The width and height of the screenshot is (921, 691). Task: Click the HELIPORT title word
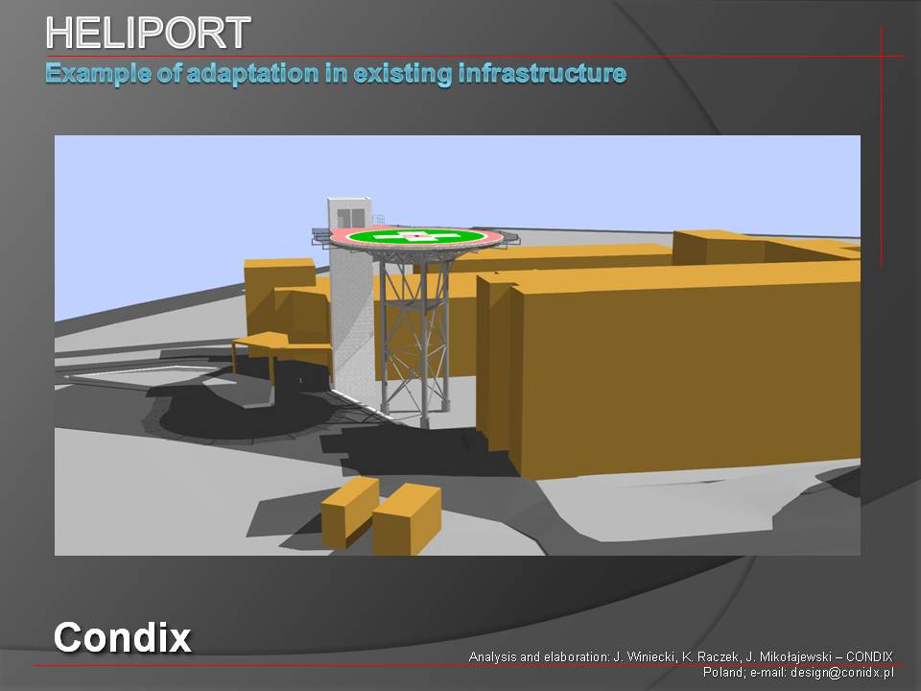click(x=148, y=33)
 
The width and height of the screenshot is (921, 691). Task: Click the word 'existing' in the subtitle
click(x=402, y=75)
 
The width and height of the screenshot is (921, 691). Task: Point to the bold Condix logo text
click(x=122, y=637)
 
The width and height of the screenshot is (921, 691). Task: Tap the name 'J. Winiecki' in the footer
click(x=644, y=656)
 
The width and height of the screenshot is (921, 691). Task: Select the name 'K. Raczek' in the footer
click(x=711, y=656)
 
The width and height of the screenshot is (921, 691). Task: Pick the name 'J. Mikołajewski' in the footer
click(x=789, y=656)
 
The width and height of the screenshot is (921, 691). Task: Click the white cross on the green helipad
click(x=415, y=237)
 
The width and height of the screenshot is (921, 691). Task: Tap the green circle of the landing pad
click(x=415, y=237)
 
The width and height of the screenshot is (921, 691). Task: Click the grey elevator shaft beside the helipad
click(x=351, y=305)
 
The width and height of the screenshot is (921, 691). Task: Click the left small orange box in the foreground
click(x=350, y=512)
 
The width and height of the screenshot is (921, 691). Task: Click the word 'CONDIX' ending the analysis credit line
click(x=869, y=656)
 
